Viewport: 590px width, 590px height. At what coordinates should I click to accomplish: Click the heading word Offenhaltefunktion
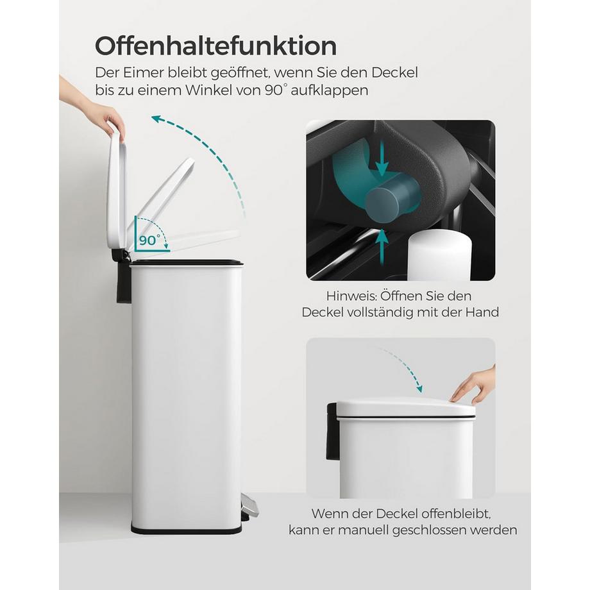(215, 46)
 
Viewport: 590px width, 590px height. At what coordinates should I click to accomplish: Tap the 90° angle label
(149, 240)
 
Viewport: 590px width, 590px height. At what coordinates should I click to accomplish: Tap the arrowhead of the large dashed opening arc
(156, 118)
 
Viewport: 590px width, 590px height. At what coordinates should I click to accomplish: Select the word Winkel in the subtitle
(230, 90)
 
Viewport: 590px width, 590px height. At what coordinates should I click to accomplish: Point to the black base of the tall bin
(187, 529)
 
